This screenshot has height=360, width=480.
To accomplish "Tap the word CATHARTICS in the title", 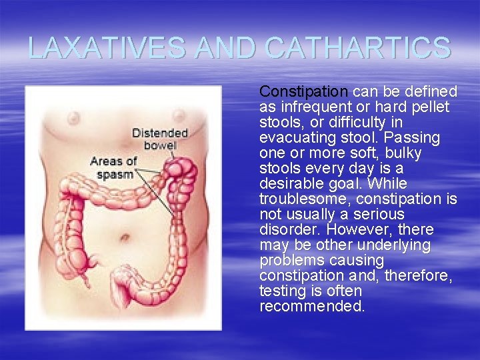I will click(357, 48).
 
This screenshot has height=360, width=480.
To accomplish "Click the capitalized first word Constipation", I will click(303, 91).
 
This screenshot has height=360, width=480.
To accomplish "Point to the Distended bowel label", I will click(159, 139).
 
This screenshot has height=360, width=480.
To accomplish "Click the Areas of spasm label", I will click(113, 167).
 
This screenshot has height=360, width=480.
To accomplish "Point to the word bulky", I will click(403, 153).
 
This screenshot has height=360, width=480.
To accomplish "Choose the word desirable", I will click(292, 183).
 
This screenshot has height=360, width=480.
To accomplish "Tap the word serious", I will click(379, 214).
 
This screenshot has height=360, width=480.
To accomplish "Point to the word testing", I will click(281, 291).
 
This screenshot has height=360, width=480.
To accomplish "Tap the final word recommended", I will click(312, 306).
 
